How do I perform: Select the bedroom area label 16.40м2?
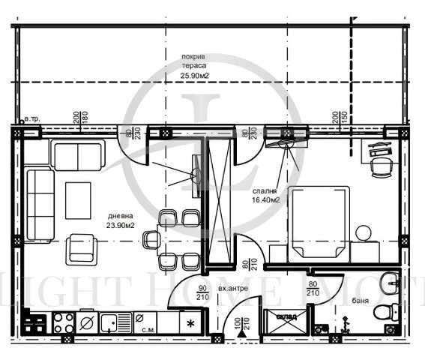coord(265,200)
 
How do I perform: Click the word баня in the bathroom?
coord(360,303)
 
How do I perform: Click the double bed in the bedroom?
coord(319,222)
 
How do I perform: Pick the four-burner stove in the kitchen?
coord(62,323)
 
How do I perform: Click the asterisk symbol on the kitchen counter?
coord(190,324)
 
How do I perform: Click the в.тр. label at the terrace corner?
coord(32,120)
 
